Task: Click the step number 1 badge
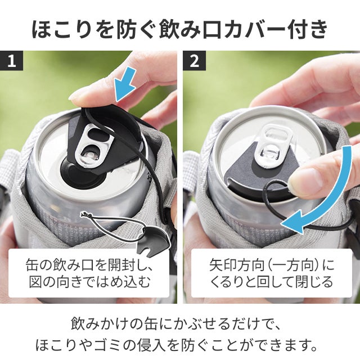[x=11, y=61]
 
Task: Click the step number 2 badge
[x=194, y=61]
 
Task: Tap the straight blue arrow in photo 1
[x=125, y=84]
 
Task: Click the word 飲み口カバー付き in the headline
[x=244, y=30]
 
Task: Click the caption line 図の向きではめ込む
[x=89, y=281]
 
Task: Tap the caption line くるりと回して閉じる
[x=271, y=281]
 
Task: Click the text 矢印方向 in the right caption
[x=236, y=265]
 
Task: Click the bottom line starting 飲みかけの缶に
[x=175, y=324]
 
